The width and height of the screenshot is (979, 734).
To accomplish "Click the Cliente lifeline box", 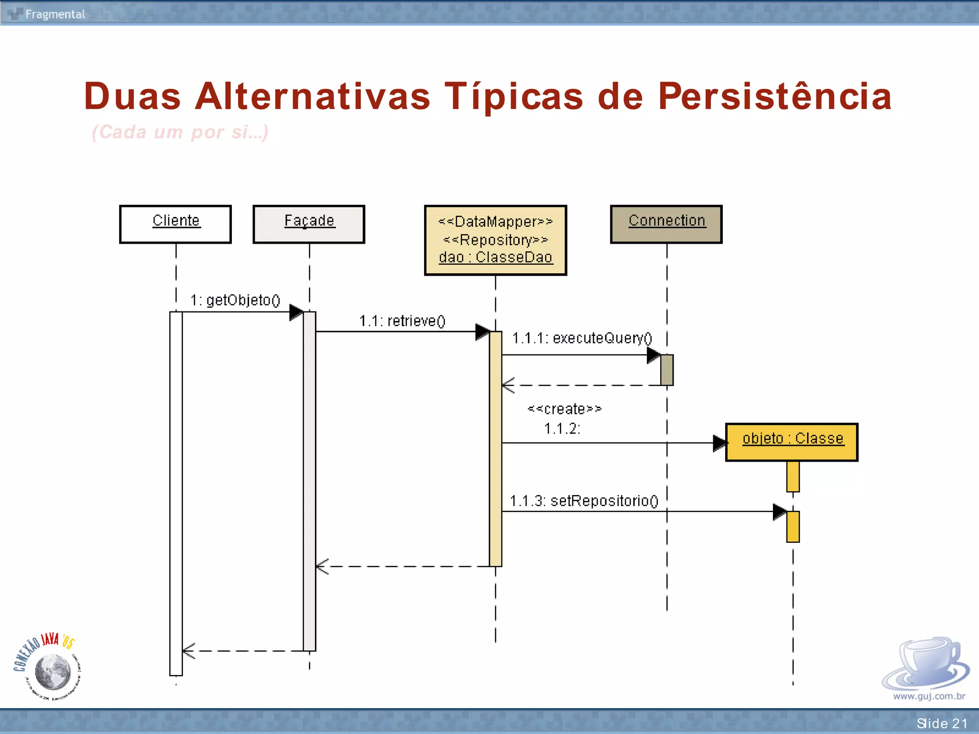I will [175, 224].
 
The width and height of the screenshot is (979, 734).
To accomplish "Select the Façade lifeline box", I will [309, 224].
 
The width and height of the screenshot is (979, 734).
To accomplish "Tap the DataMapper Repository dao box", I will [495, 240].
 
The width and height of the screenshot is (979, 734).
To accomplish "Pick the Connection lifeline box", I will [666, 224].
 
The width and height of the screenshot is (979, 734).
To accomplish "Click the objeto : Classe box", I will [792, 442].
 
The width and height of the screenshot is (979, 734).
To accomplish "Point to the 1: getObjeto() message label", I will [235, 300].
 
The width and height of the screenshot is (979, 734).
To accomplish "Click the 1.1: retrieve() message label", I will [402, 321].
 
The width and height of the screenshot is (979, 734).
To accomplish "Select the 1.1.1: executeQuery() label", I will [582, 338].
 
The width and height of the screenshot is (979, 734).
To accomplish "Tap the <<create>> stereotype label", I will [565, 409].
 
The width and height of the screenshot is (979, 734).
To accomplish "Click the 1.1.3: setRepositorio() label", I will [584, 501].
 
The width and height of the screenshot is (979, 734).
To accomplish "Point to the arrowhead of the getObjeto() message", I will [296, 313].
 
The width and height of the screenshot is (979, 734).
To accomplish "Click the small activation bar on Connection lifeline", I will [667, 370].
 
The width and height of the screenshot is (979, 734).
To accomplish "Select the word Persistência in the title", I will [774, 97].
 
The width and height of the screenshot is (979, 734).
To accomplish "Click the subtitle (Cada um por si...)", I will [180, 132].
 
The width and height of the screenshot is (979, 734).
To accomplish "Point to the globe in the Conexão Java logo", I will [53, 671].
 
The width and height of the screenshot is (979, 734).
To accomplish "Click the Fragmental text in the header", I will [55, 14].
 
